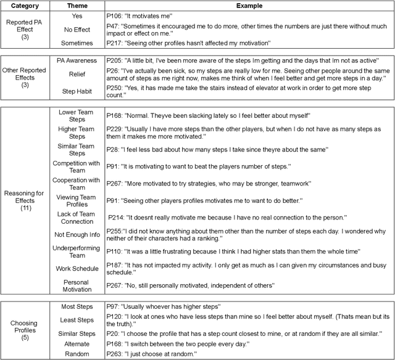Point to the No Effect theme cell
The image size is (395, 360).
[x=77, y=29]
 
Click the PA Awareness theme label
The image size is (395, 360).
[x=77, y=62]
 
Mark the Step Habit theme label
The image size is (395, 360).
[x=77, y=91]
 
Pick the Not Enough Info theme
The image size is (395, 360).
[x=77, y=234]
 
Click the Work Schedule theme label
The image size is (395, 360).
[x=77, y=269]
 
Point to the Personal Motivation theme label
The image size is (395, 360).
[x=77, y=286]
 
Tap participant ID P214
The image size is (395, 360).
[x=136, y=218]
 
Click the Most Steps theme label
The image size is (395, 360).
[x=77, y=306]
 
